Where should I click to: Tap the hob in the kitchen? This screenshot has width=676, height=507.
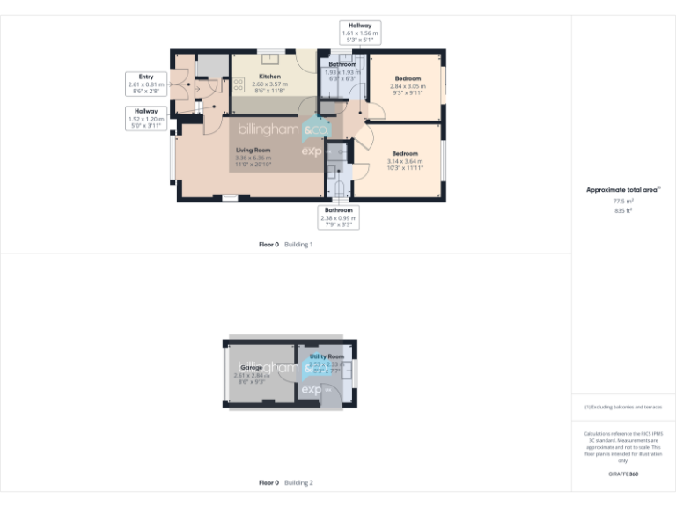[238, 85]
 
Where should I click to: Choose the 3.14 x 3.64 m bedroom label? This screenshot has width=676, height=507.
[405, 160]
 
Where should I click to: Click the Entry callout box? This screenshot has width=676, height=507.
[146, 84]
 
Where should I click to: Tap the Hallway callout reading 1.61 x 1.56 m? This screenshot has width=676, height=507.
[359, 33]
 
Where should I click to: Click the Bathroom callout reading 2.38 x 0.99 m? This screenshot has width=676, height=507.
[339, 217]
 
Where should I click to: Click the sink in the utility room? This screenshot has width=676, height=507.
[346, 368]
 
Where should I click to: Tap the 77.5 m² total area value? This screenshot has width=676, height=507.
[623, 202]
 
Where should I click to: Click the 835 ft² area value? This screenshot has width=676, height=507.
[623, 211]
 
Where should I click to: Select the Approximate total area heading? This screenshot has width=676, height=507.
[623, 189]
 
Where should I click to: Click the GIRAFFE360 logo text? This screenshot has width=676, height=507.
[623, 474]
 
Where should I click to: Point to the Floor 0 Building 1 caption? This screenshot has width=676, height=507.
[285, 244]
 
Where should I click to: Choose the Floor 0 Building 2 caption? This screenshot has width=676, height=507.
[285, 482]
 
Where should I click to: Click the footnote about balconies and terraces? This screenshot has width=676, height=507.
[623, 407]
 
